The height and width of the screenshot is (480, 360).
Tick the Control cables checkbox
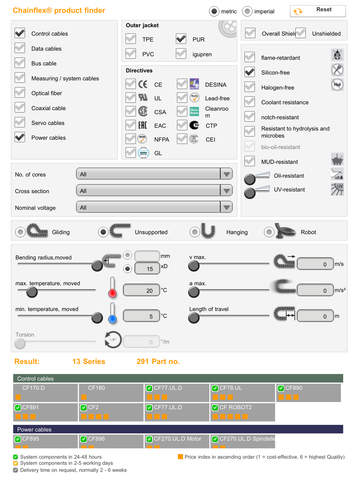(20, 33)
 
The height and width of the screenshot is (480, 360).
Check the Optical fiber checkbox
(20, 90)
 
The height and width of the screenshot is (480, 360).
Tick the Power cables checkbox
(20, 136)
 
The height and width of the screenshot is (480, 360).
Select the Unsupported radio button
(104, 231)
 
